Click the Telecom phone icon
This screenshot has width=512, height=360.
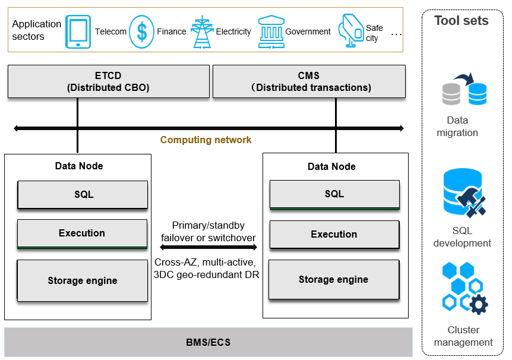click(x=78, y=32)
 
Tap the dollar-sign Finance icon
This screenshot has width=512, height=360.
click(x=141, y=32)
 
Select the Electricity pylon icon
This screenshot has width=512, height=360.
click(x=198, y=32)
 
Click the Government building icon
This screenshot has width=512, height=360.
click(x=271, y=32)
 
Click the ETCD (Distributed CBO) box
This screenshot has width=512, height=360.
click(x=108, y=81)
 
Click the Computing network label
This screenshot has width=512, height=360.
click(x=206, y=140)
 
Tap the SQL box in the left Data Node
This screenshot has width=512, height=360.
click(x=83, y=195)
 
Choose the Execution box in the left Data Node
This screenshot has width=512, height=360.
click(x=82, y=233)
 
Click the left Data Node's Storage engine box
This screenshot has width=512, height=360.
click(x=83, y=280)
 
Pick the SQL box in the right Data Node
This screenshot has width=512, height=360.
click(x=334, y=195)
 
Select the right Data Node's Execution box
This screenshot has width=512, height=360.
click(x=334, y=235)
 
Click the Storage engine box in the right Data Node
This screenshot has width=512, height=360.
click(x=334, y=280)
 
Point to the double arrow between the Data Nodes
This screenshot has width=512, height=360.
click(x=208, y=248)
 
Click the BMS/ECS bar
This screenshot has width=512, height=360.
click(x=208, y=342)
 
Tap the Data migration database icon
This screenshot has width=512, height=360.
click(x=464, y=91)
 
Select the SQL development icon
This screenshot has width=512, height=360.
click(x=464, y=193)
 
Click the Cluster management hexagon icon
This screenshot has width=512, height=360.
click(x=464, y=289)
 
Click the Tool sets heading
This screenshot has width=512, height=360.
click(x=461, y=21)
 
